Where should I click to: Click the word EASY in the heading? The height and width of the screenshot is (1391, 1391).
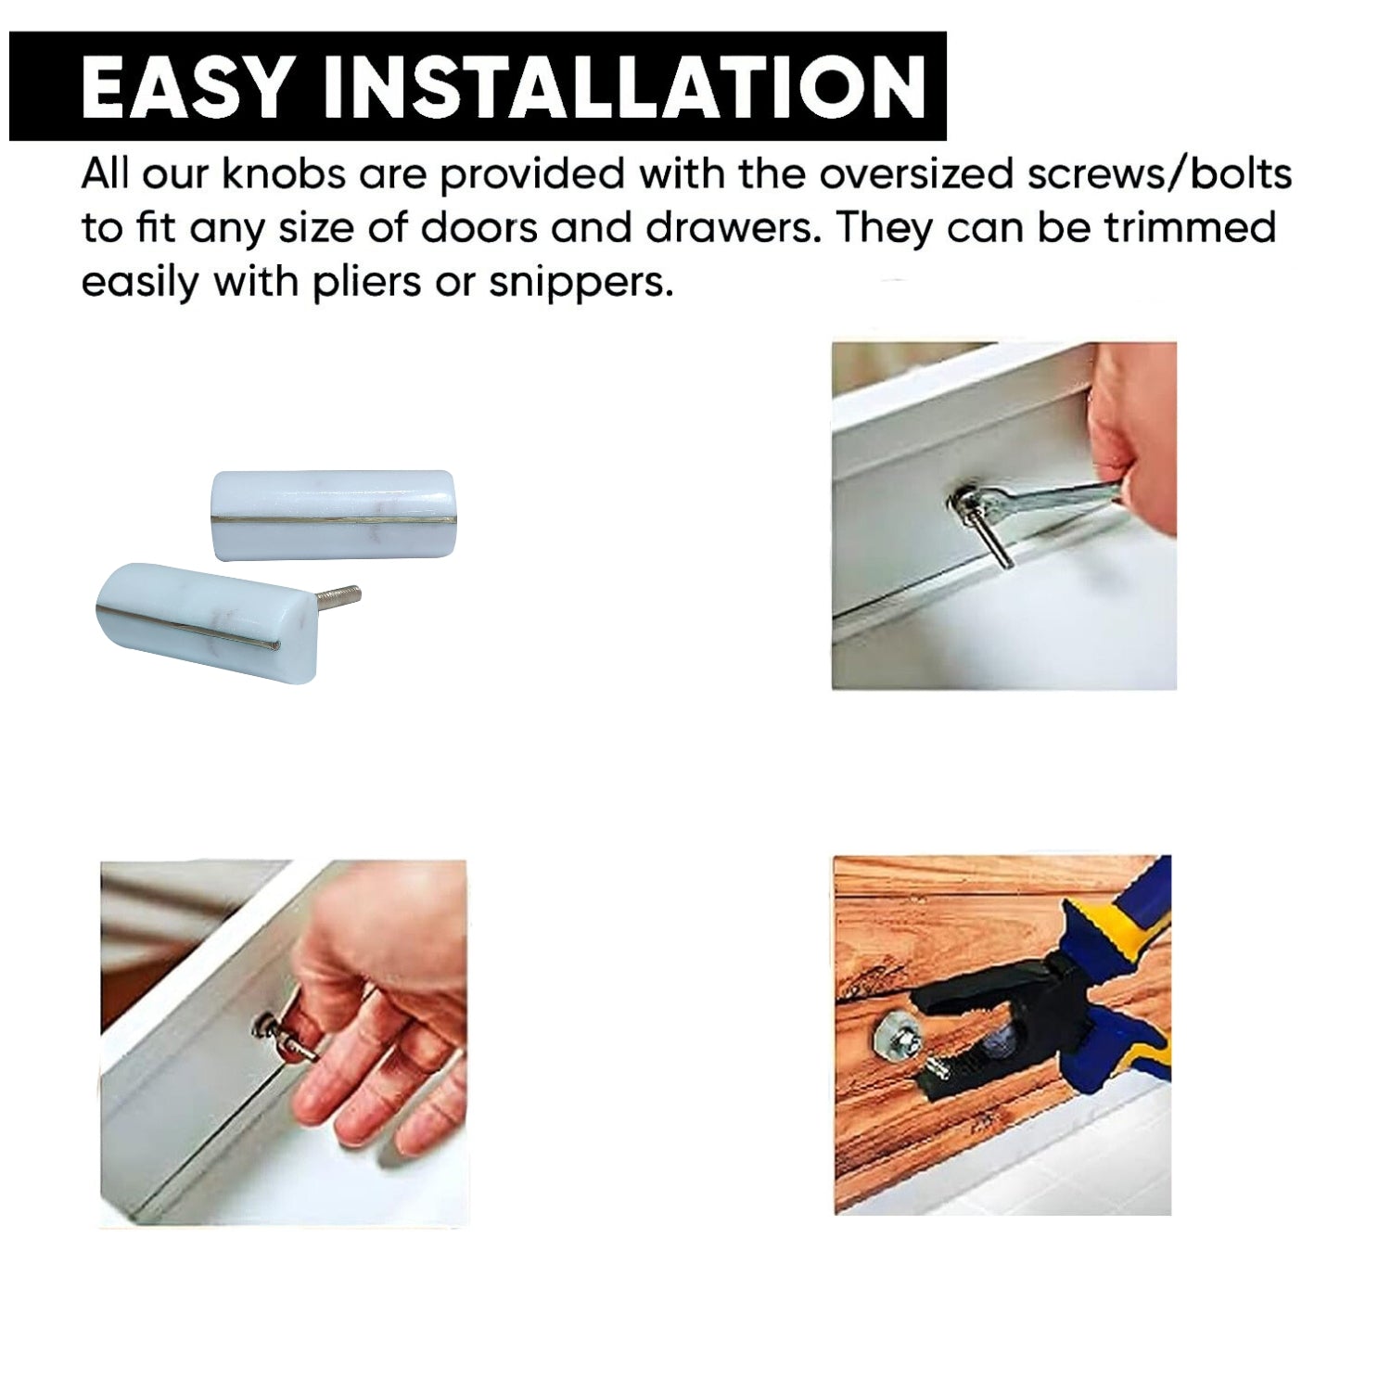coord(185,86)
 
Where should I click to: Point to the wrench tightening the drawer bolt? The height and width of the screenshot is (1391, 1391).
coord(1039,499)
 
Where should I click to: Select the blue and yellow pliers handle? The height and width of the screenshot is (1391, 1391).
coord(1117,970)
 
